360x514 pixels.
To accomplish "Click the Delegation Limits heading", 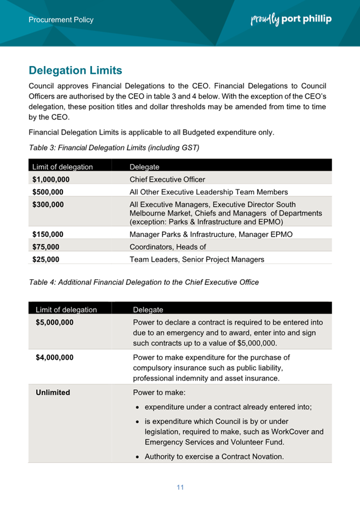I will (75, 71).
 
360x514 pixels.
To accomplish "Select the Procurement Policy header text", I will (61, 20).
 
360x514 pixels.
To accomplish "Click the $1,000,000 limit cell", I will (51, 179).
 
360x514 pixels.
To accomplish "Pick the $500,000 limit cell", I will (48, 191).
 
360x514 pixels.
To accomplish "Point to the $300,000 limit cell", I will (48, 204).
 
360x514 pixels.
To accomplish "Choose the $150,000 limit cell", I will (48, 234).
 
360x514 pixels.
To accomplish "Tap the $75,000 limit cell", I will (46, 247).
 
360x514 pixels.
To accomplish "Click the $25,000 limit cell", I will (46, 260).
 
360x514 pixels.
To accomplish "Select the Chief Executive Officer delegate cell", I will (167, 179).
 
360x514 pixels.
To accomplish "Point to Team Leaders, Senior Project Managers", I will (197, 260).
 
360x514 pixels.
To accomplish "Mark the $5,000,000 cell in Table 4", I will (54, 323).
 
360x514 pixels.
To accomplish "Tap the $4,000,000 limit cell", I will (54, 357).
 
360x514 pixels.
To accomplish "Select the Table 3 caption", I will (114, 148).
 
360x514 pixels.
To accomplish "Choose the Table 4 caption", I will (143, 282).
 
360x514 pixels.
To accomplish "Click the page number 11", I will (180, 487).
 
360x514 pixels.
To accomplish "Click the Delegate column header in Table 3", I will (144, 167).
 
